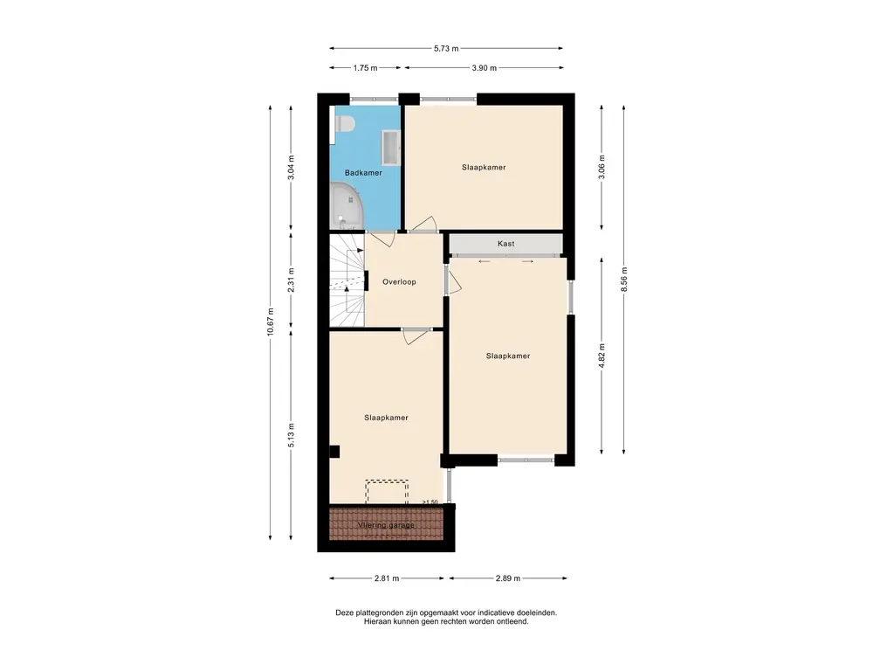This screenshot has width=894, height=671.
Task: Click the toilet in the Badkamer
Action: (x=342, y=124)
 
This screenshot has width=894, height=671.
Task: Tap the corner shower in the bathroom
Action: (x=346, y=205)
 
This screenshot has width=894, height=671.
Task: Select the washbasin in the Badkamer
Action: (x=391, y=148)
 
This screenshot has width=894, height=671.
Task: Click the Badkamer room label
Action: (x=363, y=172)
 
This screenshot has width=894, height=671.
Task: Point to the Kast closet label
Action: (x=505, y=244)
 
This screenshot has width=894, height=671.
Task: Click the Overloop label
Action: (x=399, y=282)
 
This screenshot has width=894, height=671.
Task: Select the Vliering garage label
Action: (x=386, y=525)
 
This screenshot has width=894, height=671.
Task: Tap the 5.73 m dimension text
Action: (x=446, y=49)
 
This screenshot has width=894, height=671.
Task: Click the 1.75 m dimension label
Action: (x=365, y=68)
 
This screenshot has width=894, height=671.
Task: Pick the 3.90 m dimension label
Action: (x=484, y=68)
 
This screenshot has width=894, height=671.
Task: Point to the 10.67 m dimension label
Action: (x=271, y=322)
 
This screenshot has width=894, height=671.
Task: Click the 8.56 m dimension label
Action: (x=623, y=279)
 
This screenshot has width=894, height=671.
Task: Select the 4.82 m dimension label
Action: (x=602, y=356)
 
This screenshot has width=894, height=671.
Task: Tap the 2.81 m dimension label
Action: (x=387, y=578)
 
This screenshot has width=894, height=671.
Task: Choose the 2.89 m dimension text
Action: (x=507, y=578)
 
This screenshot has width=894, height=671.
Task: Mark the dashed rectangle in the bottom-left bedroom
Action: (x=387, y=492)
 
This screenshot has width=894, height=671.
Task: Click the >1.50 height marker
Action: (x=430, y=502)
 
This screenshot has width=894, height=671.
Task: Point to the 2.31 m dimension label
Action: (x=292, y=280)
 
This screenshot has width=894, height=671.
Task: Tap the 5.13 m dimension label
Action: (x=292, y=435)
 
